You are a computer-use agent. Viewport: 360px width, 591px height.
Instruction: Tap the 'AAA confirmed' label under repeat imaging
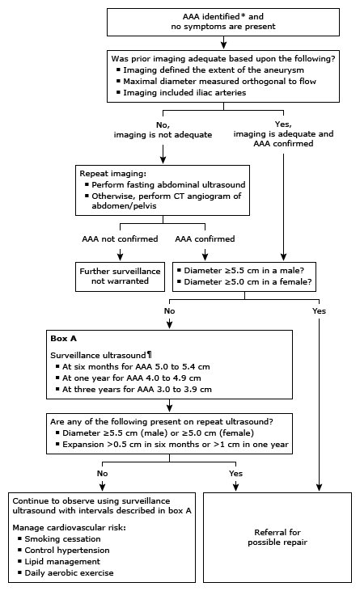pyautogui.click(x=205, y=239)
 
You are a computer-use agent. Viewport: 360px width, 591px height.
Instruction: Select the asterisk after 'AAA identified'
pyautogui.click(x=196, y=15)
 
